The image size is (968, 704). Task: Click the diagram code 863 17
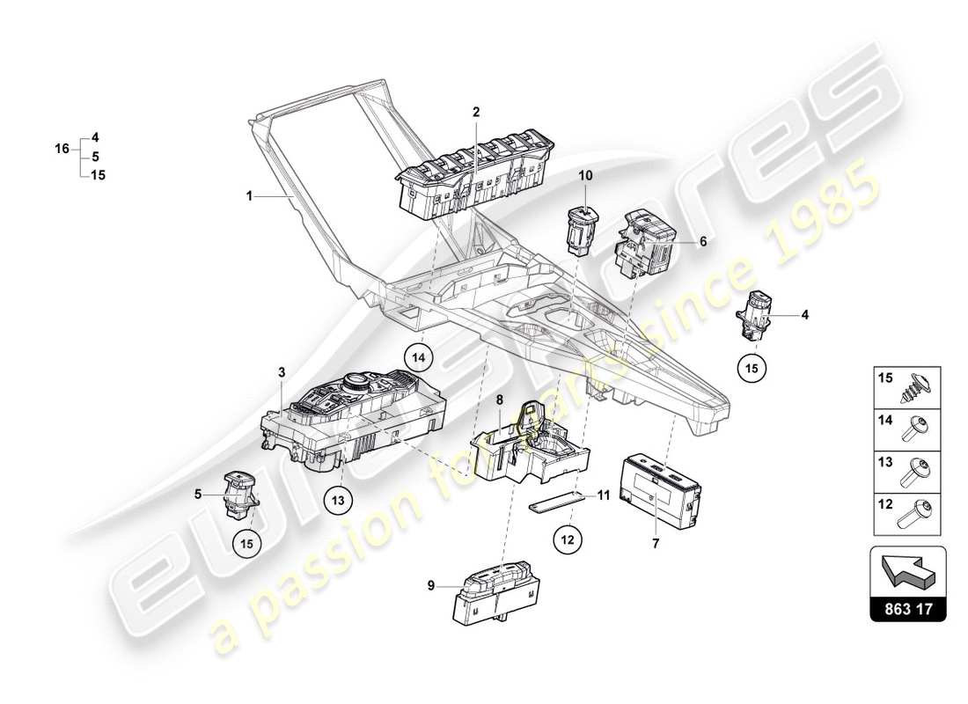coord(907,608)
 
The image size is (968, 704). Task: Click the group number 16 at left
coord(62,150)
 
